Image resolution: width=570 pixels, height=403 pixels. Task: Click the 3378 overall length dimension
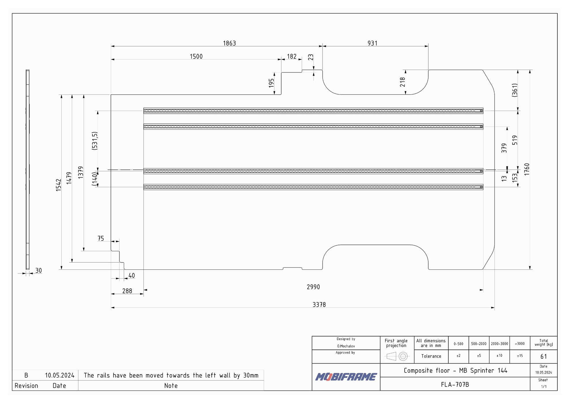pos(319,305)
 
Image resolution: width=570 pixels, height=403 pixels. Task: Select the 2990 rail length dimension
pos(313,287)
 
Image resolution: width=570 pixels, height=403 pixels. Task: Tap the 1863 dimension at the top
pos(229,43)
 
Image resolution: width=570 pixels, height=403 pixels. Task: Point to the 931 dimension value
pos(372,43)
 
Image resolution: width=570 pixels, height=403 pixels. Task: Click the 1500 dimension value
pos(196,56)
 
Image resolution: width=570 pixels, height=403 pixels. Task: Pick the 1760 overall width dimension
pos(527,170)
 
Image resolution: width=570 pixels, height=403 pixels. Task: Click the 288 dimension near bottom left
pos(127,291)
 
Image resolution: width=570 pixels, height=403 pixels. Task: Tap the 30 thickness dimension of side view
pos(39,271)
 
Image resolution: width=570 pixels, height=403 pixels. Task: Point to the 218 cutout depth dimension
pos(402,82)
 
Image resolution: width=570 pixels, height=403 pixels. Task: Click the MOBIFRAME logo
pos(346,377)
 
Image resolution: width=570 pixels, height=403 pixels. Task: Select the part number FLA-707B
pos(455,385)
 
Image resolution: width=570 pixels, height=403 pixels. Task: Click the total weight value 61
pos(544,357)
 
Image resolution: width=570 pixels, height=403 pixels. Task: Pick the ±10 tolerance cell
pos(499,356)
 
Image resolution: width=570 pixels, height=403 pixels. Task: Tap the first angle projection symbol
pos(397,356)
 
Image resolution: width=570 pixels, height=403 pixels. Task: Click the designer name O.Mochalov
pos(346,346)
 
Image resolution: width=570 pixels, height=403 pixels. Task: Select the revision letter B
pos(26,375)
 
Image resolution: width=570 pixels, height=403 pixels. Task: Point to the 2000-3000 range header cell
pos(499,344)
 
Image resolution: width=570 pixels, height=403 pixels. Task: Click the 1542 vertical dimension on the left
pos(58,185)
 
